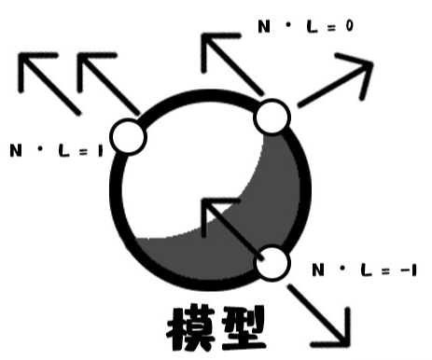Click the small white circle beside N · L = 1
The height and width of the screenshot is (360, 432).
pyautogui.click(x=129, y=138)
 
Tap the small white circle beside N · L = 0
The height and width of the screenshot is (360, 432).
pyautogui.click(x=272, y=117)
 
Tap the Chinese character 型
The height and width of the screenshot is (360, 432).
pyautogui.click(x=241, y=328)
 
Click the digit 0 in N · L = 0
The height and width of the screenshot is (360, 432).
pyautogui.click(x=347, y=26)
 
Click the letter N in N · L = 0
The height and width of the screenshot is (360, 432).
pyautogui.click(x=262, y=27)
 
